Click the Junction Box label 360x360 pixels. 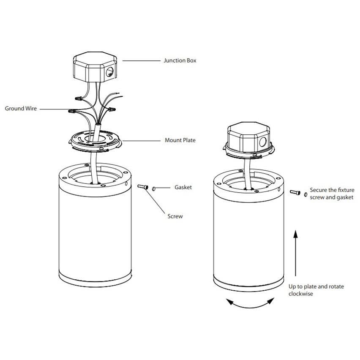pyautogui.click(x=180, y=60)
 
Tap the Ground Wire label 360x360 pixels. pyautogui.click(x=21, y=108)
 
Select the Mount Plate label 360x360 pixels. pyautogui.click(x=180, y=140)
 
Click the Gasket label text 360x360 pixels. pyautogui.click(x=183, y=187)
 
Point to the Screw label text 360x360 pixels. pyautogui.click(x=175, y=216)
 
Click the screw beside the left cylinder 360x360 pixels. pyautogui.click(x=143, y=187)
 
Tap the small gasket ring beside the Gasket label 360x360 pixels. pyautogui.click(x=154, y=189)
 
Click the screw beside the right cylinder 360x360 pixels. pyautogui.click(x=295, y=192)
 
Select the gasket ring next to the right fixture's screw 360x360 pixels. pyautogui.click(x=305, y=194)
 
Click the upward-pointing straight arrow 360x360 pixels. pyautogui.click(x=296, y=253)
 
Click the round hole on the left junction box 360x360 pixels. pyautogui.click(x=109, y=72)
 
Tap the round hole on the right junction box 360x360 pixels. pyautogui.click(x=263, y=142)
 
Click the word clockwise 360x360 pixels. pyautogui.click(x=300, y=294)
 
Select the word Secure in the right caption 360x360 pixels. pyautogui.click(x=318, y=190)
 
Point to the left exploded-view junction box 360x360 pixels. pyautogui.click(x=95, y=67)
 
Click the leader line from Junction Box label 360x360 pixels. pyautogui.click(x=141, y=60)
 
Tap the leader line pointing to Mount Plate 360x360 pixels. pyautogui.click(x=142, y=141)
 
